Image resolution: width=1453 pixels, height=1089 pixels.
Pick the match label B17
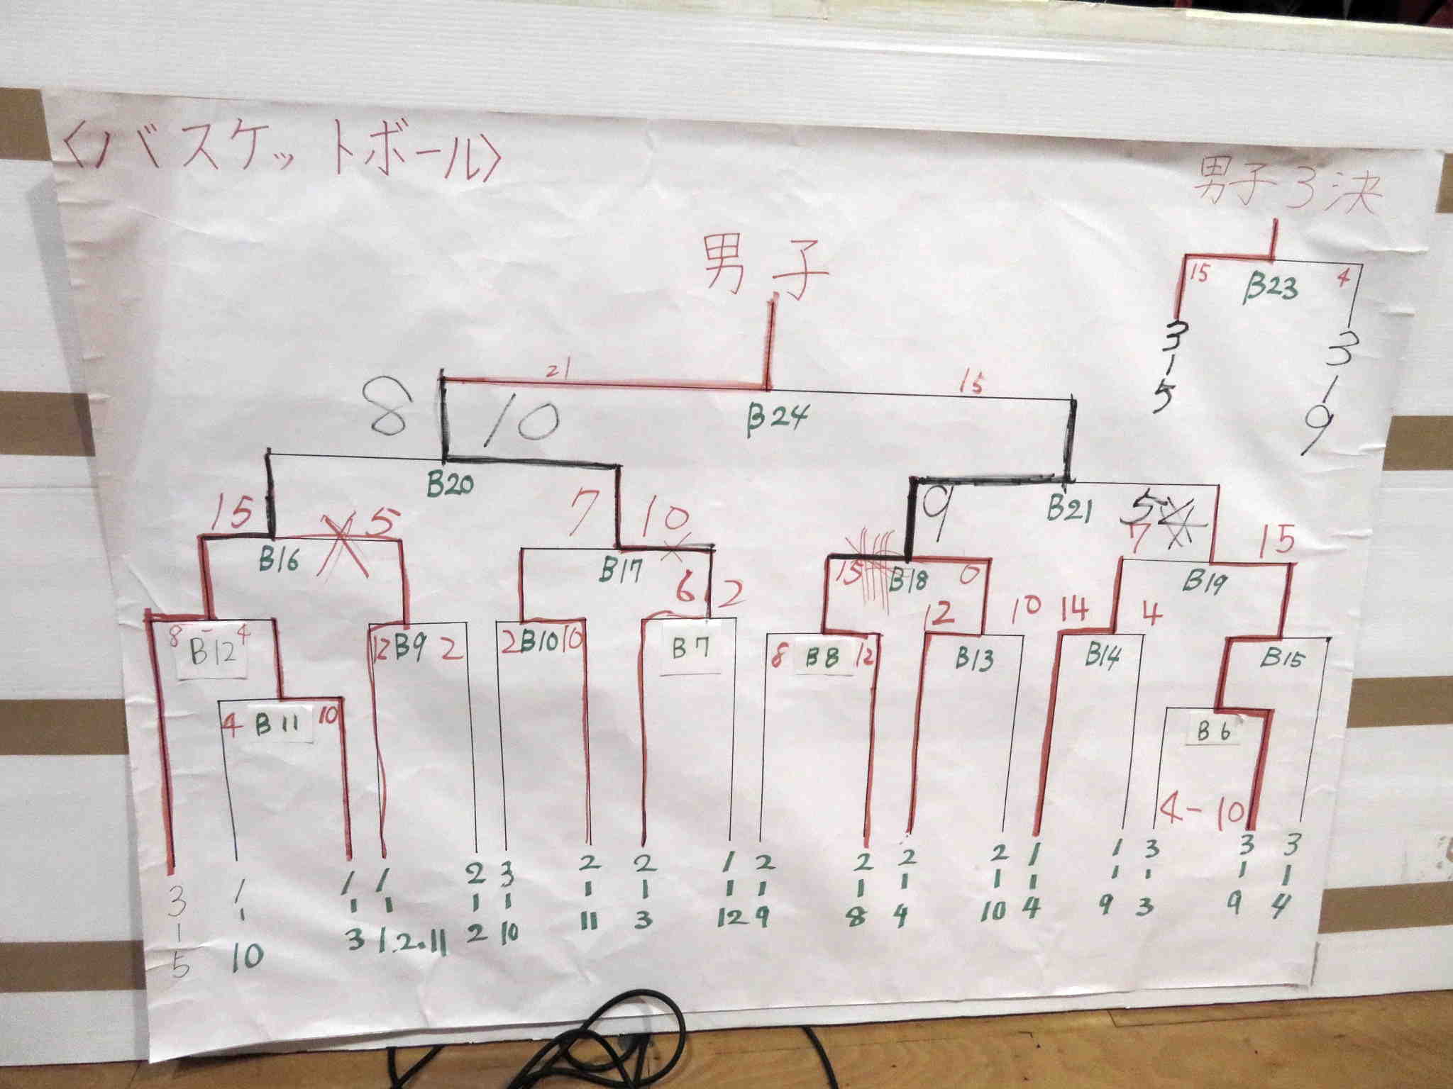[x=623, y=569]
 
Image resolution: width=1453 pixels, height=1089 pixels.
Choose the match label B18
[x=908, y=582]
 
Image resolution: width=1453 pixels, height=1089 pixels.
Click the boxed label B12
[x=211, y=653]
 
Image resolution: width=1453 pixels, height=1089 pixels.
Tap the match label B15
[x=1282, y=659]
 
